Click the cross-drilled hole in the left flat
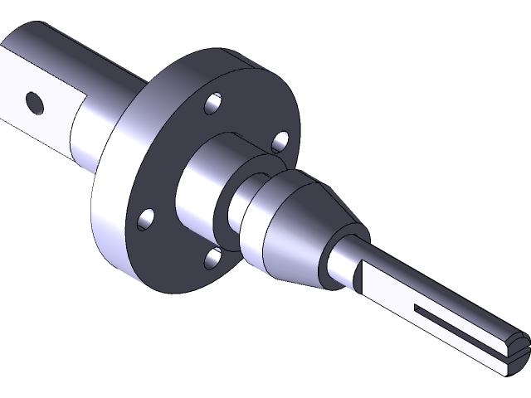(x=34, y=102)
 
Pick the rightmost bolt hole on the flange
(x=280, y=142)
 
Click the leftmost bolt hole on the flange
(x=146, y=218)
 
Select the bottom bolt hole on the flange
(x=212, y=259)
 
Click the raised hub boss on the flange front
(x=195, y=178)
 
